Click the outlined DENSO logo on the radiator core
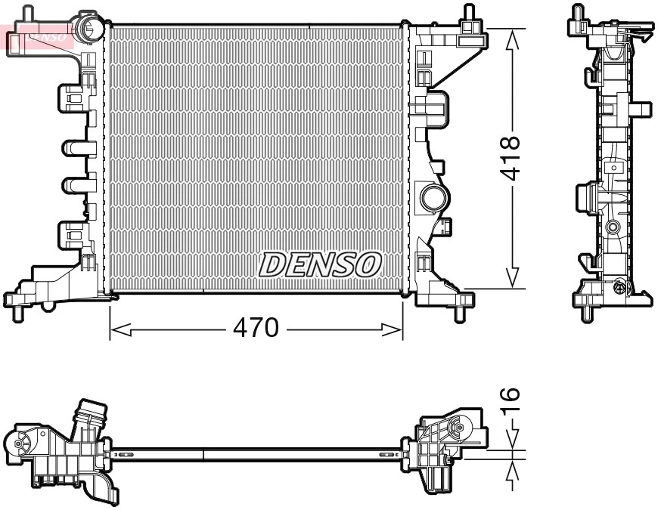pos(321,264)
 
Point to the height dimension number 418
pos(512,158)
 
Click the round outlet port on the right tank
pos(434,197)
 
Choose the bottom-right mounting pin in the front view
pos(460,311)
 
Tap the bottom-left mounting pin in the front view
pos(17,311)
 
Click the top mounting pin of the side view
pos(579,13)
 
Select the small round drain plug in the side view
pos(619,286)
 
